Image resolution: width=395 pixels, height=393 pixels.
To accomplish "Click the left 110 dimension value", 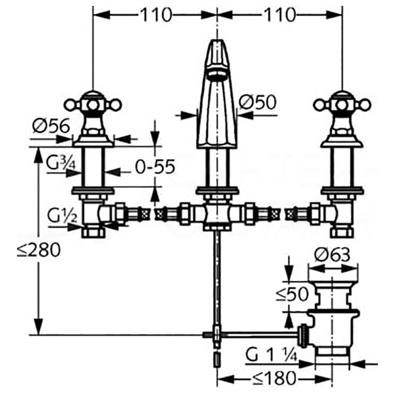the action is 156,15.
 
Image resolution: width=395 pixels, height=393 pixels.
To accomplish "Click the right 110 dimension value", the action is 279,15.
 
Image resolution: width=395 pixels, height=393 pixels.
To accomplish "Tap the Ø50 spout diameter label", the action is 257,102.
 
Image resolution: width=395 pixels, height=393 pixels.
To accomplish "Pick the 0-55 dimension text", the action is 155,167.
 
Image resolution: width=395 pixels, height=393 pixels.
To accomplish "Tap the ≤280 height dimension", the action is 39,250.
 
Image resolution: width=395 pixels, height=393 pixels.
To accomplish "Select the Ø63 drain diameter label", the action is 332,254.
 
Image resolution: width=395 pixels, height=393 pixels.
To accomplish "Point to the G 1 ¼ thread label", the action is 271,356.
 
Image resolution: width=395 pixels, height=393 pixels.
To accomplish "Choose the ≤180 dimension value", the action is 274,377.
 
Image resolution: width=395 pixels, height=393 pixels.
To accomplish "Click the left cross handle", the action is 93,105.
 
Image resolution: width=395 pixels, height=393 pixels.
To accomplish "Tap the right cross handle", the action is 342,105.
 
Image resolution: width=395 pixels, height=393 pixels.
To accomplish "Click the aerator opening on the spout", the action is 217,75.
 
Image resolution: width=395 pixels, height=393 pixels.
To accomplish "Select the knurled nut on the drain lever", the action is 302,335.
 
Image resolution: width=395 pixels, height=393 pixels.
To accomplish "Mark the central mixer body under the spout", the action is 217,214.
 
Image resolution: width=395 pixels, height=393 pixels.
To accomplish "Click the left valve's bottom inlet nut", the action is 93,232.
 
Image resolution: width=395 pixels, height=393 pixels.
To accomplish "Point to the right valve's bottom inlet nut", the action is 342,232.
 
